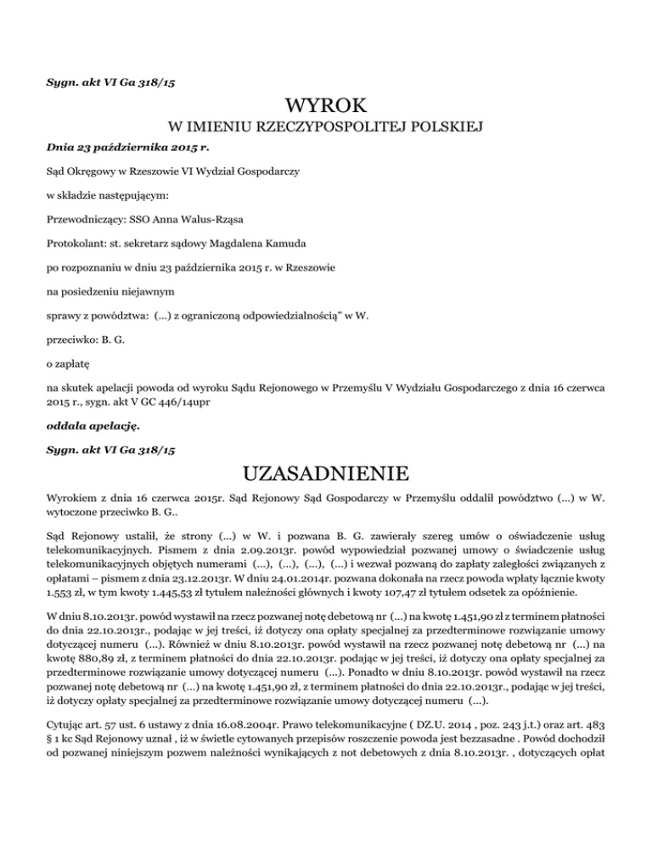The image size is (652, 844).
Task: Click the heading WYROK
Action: pyautogui.click(x=326, y=108)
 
